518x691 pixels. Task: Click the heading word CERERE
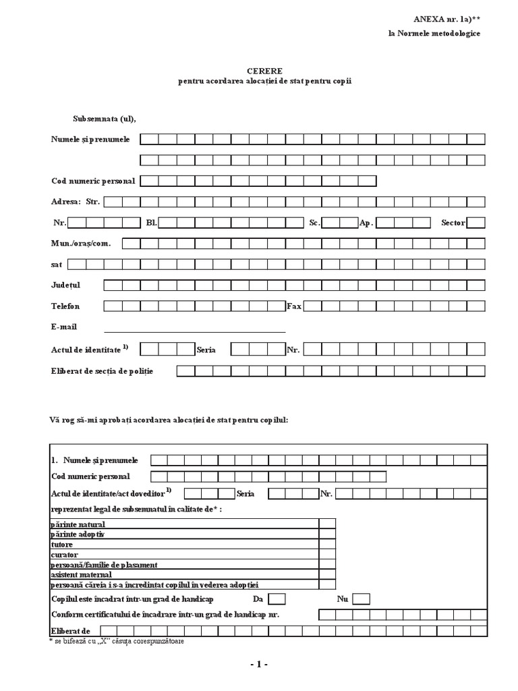point(264,70)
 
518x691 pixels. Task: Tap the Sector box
point(476,223)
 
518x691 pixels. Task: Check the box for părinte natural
point(327,524)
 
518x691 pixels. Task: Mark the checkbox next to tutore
point(327,544)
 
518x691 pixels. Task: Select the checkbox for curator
point(327,554)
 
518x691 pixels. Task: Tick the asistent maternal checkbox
point(327,574)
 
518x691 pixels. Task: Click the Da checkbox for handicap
point(277,599)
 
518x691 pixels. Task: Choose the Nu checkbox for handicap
point(361,599)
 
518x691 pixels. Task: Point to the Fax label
point(294,306)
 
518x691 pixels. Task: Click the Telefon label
point(65,306)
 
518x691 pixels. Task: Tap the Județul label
point(65,285)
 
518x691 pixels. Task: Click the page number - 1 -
point(258,665)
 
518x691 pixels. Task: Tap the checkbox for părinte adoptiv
point(327,534)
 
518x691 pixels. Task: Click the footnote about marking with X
point(116,641)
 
